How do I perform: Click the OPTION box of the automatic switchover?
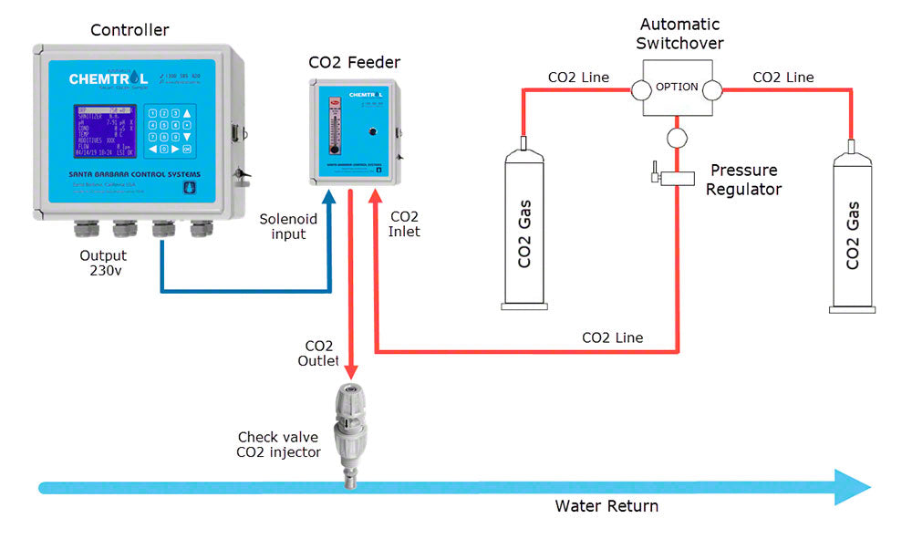[676, 88]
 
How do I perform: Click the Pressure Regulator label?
[744, 180]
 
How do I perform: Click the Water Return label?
[606, 505]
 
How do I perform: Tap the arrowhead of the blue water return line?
[853, 487]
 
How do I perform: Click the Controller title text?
[130, 30]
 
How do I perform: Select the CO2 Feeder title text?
[354, 63]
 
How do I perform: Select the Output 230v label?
[103, 263]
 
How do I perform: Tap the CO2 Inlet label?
[405, 224]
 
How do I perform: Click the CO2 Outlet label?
[318, 353]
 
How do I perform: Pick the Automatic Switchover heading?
[681, 34]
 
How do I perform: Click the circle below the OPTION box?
[676, 138]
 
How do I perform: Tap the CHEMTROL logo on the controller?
[108, 78]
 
